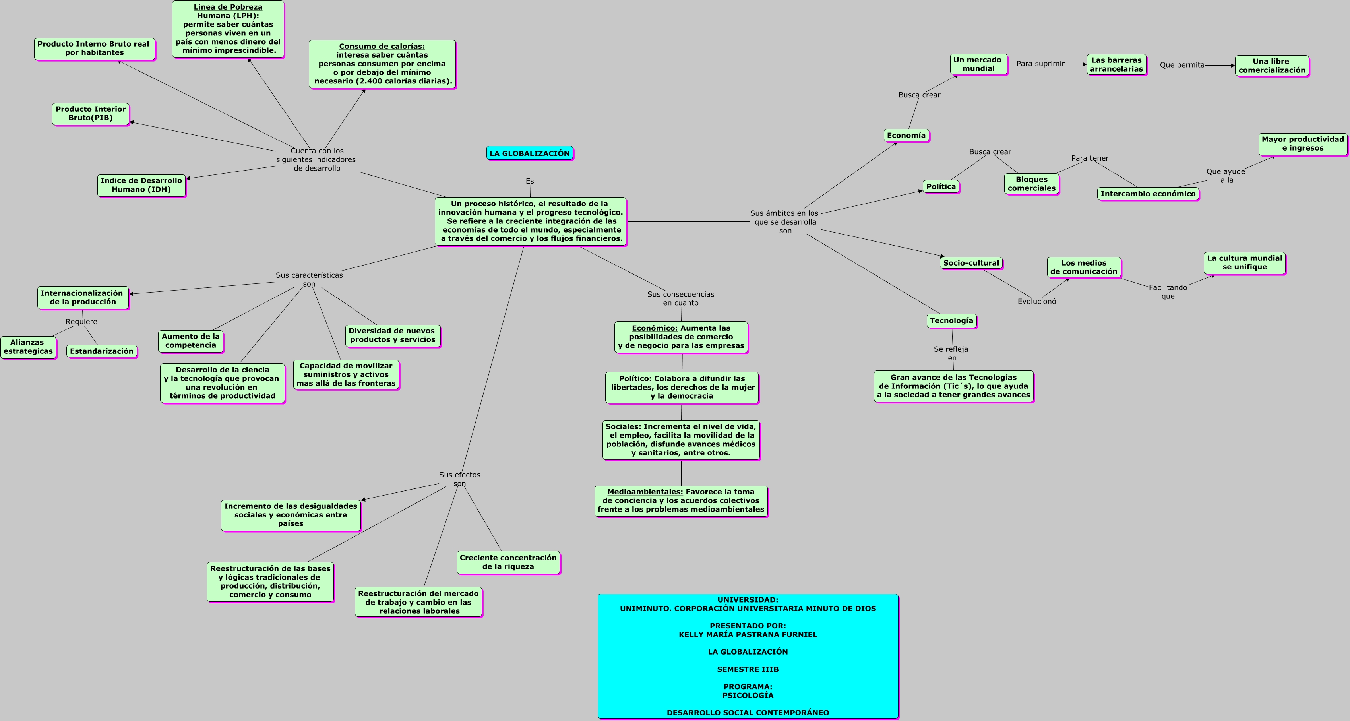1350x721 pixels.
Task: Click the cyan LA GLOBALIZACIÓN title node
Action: point(529,153)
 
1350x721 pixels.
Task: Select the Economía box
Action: point(906,135)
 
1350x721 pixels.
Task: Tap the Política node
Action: point(941,186)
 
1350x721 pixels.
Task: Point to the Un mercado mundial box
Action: point(978,64)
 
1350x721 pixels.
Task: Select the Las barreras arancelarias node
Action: point(1116,64)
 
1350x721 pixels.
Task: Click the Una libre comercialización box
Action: point(1271,66)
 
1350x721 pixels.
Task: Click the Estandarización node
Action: point(102,351)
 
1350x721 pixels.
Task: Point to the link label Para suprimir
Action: point(1040,64)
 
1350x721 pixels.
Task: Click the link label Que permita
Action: point(1182,65)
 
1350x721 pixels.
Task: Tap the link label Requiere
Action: point(81,322)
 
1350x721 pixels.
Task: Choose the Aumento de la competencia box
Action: point(191,341)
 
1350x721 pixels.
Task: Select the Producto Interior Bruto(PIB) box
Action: point(91,114)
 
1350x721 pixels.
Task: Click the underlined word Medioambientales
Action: point(645,492)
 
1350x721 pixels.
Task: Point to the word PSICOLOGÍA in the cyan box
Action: point(747,695)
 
